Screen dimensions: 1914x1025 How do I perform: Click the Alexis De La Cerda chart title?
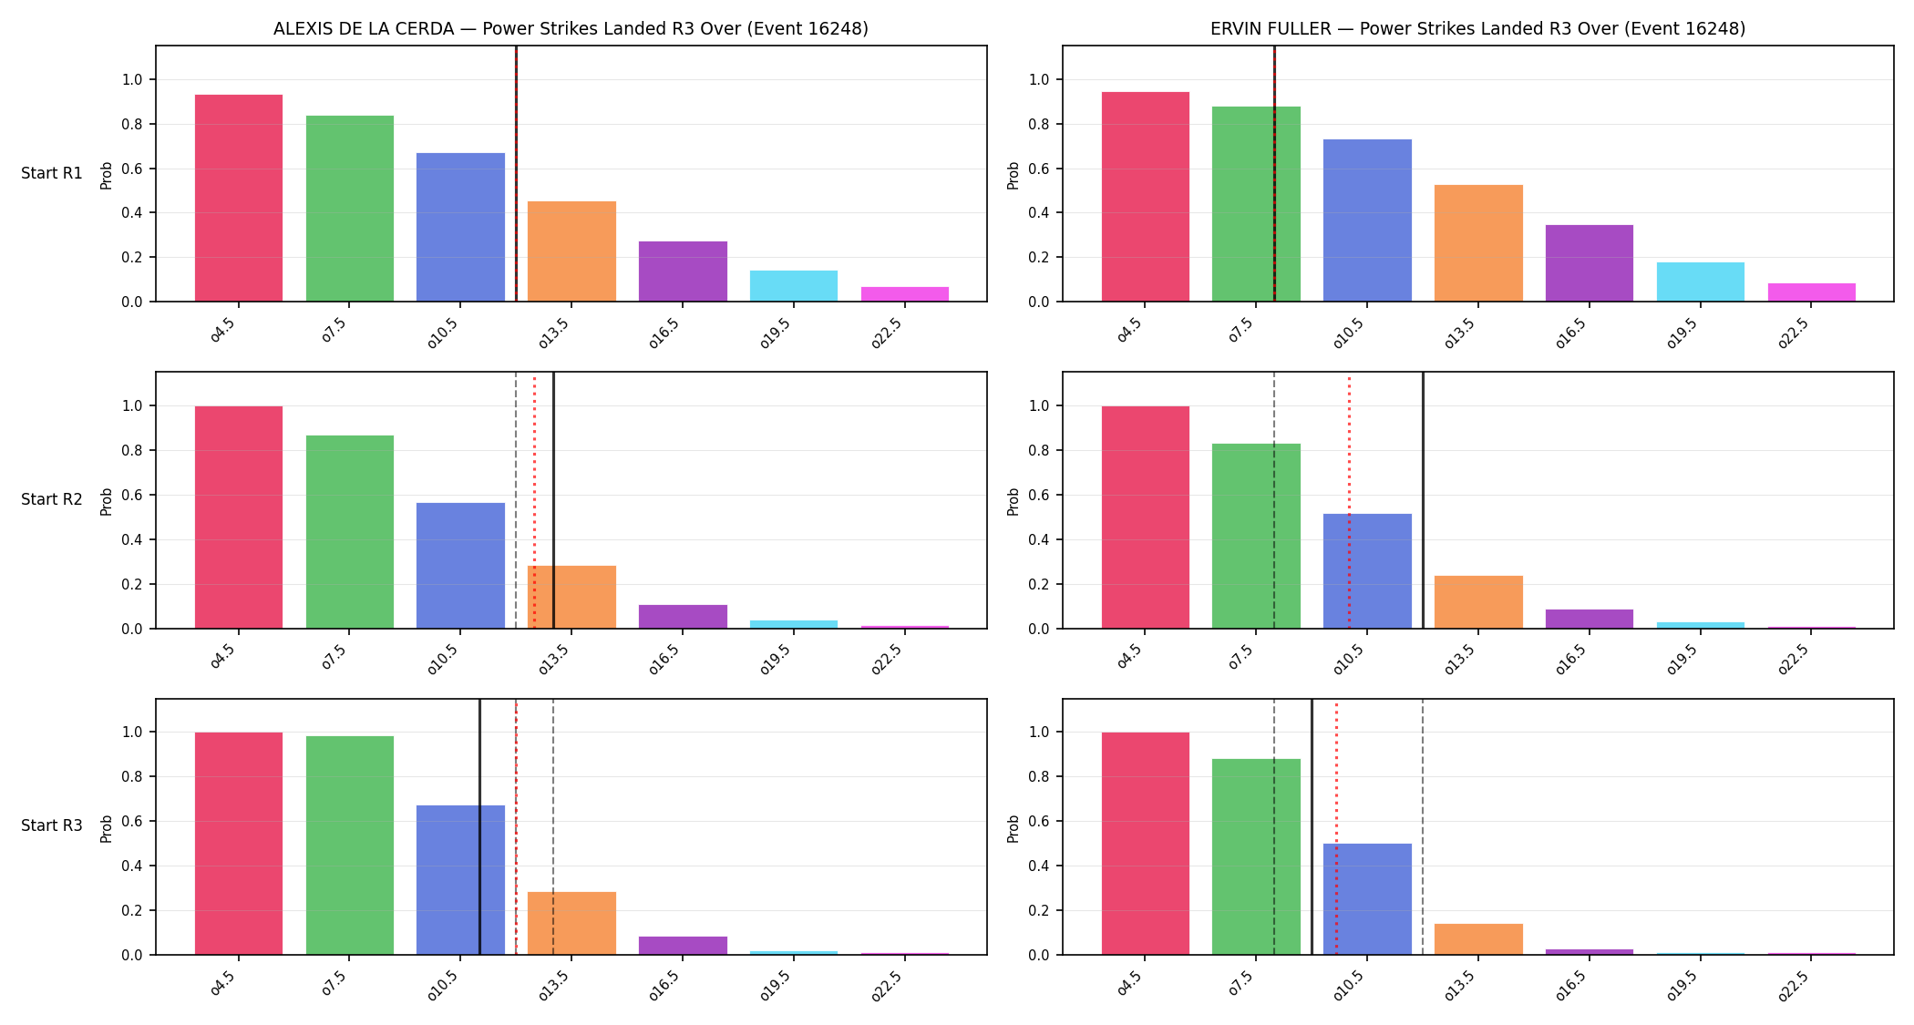tap(571, 28)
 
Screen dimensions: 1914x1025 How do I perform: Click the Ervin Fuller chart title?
tap(1477, 28)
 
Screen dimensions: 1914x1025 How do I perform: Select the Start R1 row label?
tap(52, 173)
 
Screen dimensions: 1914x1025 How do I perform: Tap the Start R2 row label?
tap(52, 499)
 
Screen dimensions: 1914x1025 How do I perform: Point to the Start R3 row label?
tap(52, 825)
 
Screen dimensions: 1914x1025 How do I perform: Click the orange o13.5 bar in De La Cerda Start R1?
tap(571, 251)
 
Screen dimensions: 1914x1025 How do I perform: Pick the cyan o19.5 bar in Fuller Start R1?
tap(1701, 282)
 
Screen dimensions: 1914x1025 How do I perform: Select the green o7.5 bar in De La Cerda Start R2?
tap(350, 532)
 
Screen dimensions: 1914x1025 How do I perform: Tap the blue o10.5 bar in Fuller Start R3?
tap(1367, 899)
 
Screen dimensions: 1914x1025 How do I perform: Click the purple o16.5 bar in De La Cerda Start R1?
tap(683, 272)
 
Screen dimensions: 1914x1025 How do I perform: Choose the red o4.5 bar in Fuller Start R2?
tap(1146, 518)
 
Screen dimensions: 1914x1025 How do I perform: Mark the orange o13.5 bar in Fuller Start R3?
tap(1478, 939)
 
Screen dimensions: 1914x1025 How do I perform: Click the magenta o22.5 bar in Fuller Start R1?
tap(1812, 292)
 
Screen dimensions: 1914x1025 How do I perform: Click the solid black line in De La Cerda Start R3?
tap(479, 826)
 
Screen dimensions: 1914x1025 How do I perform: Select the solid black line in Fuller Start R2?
tap(1423, 500)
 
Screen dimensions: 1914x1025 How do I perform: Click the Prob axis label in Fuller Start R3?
tap(1014, 828)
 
